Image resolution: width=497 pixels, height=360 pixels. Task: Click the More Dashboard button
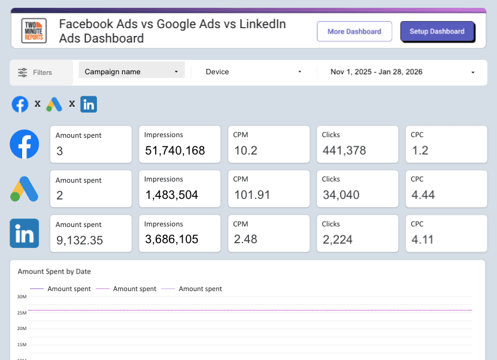tap(354, 31)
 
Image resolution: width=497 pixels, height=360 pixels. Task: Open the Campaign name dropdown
tap(132, 71)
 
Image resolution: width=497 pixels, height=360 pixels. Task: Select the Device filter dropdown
tap(253, 72)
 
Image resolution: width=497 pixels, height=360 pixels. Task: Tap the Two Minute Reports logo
tap(34, 31)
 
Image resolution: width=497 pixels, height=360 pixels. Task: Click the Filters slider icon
tap(23, 72)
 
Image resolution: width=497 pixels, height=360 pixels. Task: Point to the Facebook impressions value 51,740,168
tap(175, 150)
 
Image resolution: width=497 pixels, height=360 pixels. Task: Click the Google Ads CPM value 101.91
tap(251, 195)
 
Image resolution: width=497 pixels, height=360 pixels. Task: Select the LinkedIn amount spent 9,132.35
tap(80, 240)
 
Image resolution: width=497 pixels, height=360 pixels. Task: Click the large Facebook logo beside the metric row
tap(25, 144)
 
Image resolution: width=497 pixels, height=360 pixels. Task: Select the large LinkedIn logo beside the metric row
tap(25, 233)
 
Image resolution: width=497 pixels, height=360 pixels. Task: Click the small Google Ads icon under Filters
tap(54, 104)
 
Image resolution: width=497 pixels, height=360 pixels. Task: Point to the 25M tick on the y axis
tap(22, 313)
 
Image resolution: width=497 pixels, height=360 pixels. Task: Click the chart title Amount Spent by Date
tap(54, 271)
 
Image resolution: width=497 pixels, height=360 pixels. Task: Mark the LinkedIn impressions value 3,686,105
tap(172, 240)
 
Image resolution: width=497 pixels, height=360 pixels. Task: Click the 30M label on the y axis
tap(22, 297)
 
